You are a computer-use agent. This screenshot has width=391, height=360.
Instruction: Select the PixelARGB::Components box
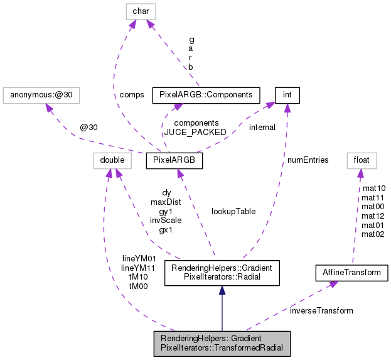click(206, 95)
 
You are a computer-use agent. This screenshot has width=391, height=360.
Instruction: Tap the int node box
click(287, 95)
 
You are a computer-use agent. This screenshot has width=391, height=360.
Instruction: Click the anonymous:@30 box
click(42, 95)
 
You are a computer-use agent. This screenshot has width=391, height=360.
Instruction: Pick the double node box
click(110, 161)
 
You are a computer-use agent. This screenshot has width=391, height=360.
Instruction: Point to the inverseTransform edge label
click(321, 310)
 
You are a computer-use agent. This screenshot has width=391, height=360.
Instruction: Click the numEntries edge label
click(308, 160)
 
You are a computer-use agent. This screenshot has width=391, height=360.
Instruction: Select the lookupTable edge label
click(233, 212)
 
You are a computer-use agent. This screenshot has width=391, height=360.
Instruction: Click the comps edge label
click(131, 95)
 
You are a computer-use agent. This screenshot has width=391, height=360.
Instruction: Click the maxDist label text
click(166, 202)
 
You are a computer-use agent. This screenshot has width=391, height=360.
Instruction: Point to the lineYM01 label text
click(138, 258)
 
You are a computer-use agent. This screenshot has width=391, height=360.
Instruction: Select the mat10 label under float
click(373, 188)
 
